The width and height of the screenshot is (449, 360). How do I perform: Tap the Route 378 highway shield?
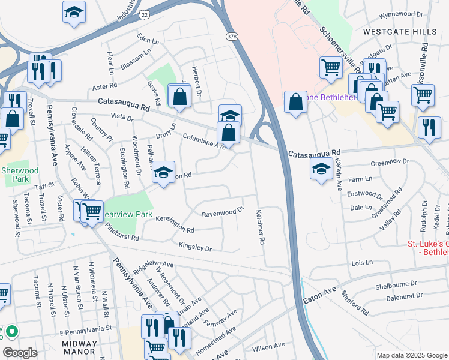(x=231, y=37)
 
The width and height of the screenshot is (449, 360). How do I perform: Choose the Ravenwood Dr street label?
(x=223, y=212)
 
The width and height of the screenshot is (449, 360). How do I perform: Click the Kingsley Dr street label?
(x=195, y=247)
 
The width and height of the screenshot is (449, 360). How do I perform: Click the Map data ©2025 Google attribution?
(x=412, y=355)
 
